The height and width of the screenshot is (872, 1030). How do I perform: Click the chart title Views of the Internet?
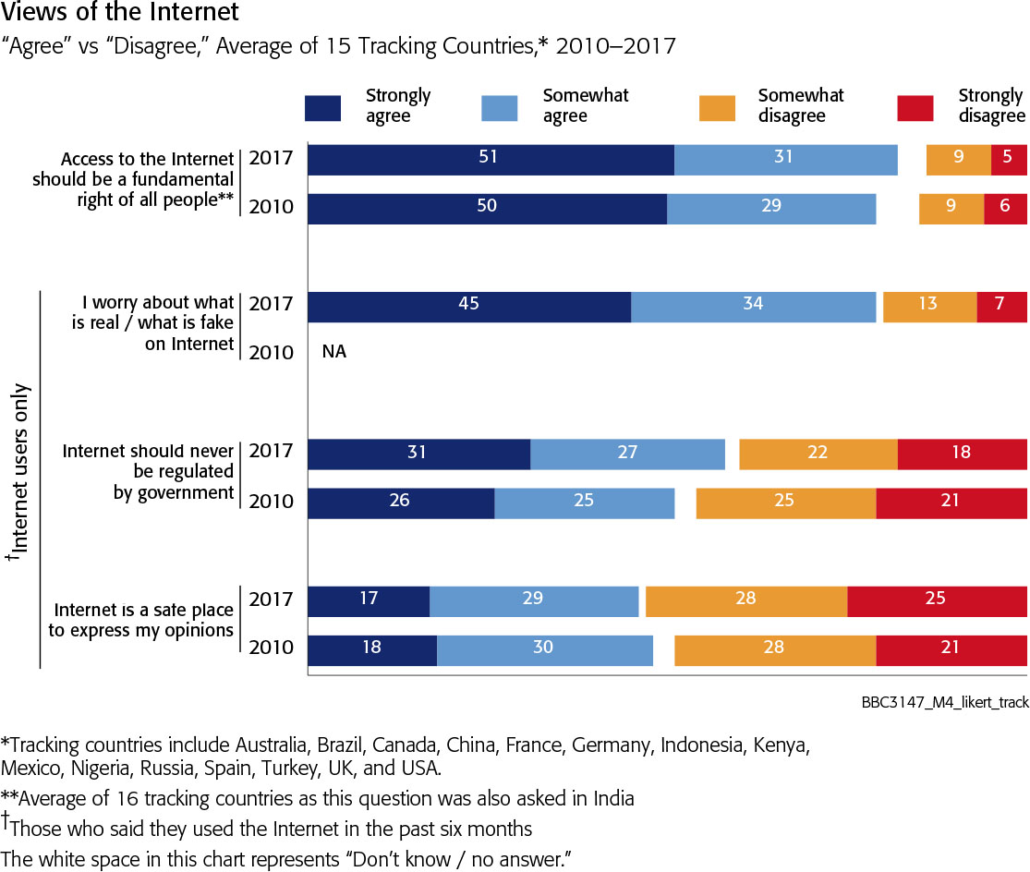click(119, 13)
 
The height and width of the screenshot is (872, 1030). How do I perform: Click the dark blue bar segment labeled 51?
click(491, 159)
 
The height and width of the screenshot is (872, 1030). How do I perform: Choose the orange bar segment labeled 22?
click(818, 454)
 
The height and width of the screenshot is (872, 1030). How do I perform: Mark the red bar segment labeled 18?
click(962, 454)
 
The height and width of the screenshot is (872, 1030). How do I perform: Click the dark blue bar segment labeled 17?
click(368, 600)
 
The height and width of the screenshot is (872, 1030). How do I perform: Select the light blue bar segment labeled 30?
click(544, 649)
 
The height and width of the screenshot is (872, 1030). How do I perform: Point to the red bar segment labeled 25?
click(936, 600)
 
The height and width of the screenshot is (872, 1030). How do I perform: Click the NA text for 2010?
click(334, 352)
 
